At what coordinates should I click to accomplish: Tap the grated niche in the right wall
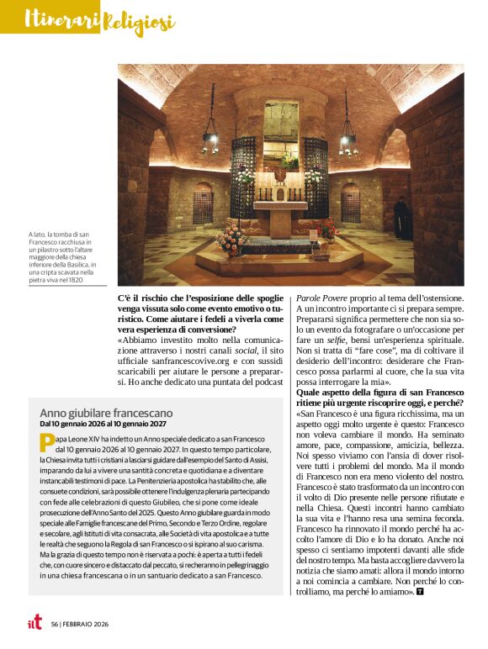[x=352, y=202]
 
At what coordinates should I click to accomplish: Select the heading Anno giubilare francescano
[x=107, y=413]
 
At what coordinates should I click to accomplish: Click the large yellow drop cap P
[x=47, y=443]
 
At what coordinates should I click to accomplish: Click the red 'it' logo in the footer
[x=33, y=623]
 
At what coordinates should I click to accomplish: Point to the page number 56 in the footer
[x=55, y=624]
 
